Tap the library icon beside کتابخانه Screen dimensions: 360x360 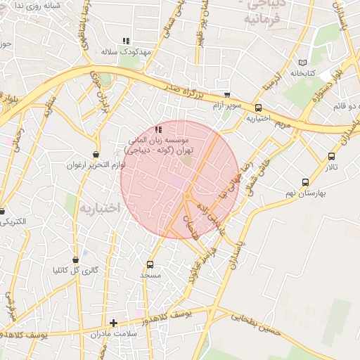pyautogui.click(x=303, y=62)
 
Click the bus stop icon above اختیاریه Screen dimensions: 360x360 pyautogui.click(x=259, y=108)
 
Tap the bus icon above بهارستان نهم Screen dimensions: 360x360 pyautogui.click(x=304, y=182)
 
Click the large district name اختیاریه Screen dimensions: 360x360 pyautogui.click(x=100, y=209)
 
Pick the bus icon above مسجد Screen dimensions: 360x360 pyautogui.click(x=150, y=264)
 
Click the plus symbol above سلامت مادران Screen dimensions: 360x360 pyautogui.click(x=113, y=323)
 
